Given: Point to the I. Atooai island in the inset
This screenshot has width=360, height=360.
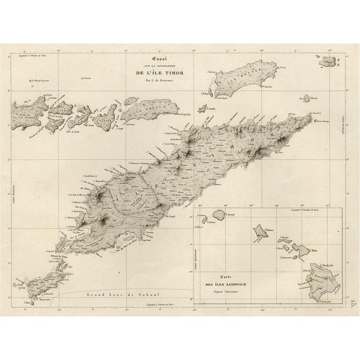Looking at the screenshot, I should [218, 215].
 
